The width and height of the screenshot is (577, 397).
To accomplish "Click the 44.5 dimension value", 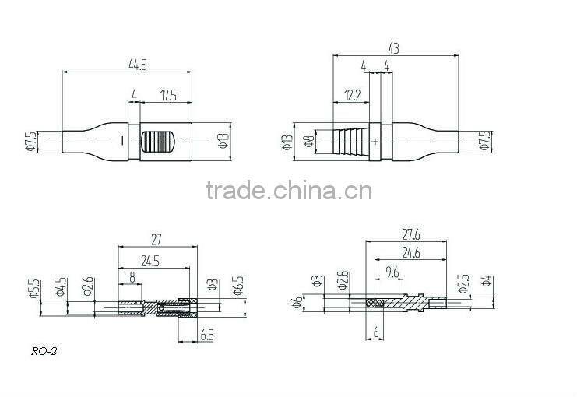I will [139, 65].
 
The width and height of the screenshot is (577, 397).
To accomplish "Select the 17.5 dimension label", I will [167, 97].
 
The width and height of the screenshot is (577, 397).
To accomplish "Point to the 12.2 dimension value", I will [350, 96].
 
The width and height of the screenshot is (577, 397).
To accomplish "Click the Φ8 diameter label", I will [308, 142].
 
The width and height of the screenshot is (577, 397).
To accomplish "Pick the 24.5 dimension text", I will [153, 262].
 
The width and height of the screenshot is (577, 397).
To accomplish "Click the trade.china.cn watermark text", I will [288, 191].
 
